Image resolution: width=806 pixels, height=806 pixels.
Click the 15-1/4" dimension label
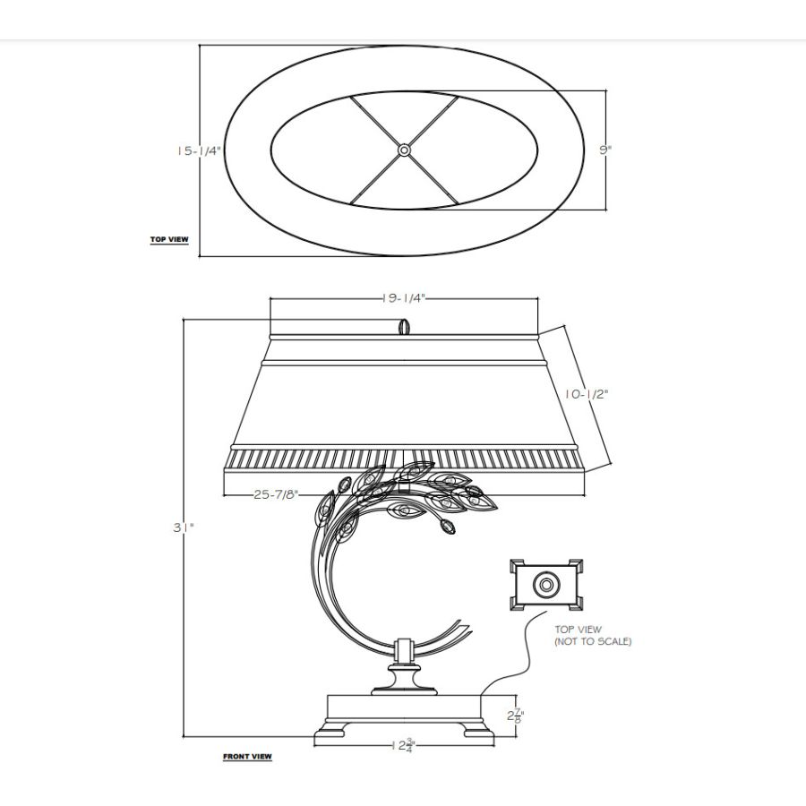point(199,151)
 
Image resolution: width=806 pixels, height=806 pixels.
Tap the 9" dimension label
point(605,150)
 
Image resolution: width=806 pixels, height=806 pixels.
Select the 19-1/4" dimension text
point(404,298)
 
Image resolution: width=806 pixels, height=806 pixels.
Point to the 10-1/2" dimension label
point(587,394)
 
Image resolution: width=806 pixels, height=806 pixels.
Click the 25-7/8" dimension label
point(276,494)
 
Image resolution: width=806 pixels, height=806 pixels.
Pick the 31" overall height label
point(183,527)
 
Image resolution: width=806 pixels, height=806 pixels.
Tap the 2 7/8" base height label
point(516,715)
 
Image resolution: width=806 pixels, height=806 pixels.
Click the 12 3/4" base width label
point(403,745)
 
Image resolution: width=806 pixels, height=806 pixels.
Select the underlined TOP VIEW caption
point(169,239)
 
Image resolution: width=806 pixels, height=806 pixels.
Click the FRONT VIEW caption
point(247,757)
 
